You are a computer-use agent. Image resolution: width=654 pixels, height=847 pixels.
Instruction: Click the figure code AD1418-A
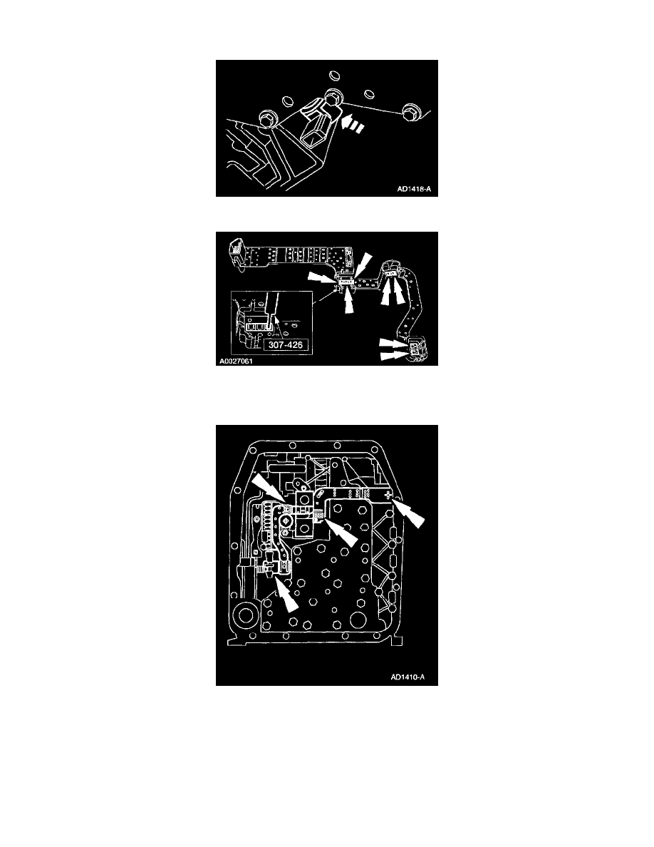[414, 189]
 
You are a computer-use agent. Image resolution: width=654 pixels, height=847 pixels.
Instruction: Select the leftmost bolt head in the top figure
[267, 118]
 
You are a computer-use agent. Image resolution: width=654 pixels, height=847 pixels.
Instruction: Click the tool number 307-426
[285, 344]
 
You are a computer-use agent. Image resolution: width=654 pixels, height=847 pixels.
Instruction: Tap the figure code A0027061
[236, 361]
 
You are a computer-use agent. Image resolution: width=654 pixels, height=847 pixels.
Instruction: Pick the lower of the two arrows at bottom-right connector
[393, 354]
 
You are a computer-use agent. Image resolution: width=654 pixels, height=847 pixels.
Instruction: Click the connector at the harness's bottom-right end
[417, 348]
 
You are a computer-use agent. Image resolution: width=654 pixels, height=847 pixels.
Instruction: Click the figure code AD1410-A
[408, 677]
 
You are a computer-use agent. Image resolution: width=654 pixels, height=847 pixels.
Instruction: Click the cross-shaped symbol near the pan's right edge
[388, 495]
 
